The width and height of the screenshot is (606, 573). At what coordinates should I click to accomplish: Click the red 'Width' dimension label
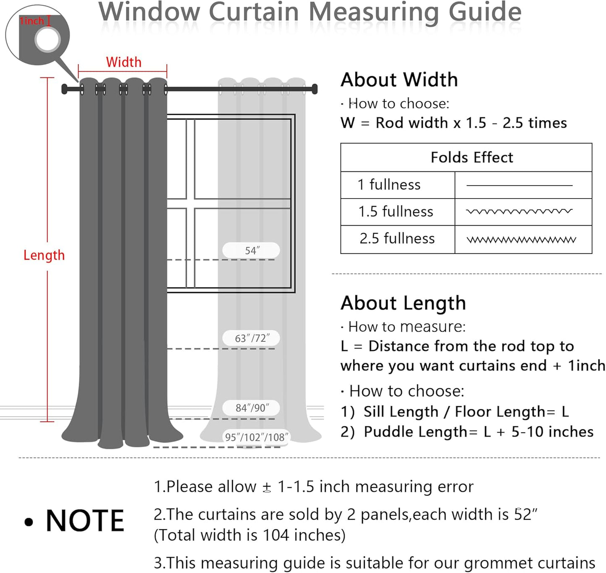pyautogui.click(x=124, y=62)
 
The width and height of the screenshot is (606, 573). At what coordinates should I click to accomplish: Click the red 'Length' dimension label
pyautogui.click(x=44, y=255)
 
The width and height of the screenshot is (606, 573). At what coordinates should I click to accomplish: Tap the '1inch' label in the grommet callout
pyautogui.click(x=31, y=21)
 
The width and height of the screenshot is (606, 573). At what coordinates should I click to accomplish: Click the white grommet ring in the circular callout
pyautogui.click(x=48, y=40)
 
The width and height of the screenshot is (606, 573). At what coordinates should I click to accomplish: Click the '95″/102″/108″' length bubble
pyautogui.click(x=256, y=437)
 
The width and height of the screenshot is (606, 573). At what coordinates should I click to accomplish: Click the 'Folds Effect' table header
pyautogui.click(x=471, y=157)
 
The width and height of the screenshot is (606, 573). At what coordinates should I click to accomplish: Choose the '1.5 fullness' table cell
pyautogui.click(x=395, y=212)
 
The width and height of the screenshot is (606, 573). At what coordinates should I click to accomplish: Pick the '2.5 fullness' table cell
pyautogui.click(x=397, y=238)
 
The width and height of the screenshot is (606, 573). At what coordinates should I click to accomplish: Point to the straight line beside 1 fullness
pyautogui.click(x=519, y=185)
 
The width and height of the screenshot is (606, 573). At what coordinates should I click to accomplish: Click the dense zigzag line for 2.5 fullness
pyautogui.click(x=521, y=240)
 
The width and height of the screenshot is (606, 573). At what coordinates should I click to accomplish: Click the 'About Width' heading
pyautogui.click(x=399, y=80)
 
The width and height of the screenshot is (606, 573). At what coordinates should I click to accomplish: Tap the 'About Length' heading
pyautogui.click(x=403, y=303)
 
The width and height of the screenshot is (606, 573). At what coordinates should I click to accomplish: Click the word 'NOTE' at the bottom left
pyautogui.click(x=85, y=521)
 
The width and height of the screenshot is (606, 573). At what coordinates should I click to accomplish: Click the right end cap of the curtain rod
pyautogui.click(x=315, y=89)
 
